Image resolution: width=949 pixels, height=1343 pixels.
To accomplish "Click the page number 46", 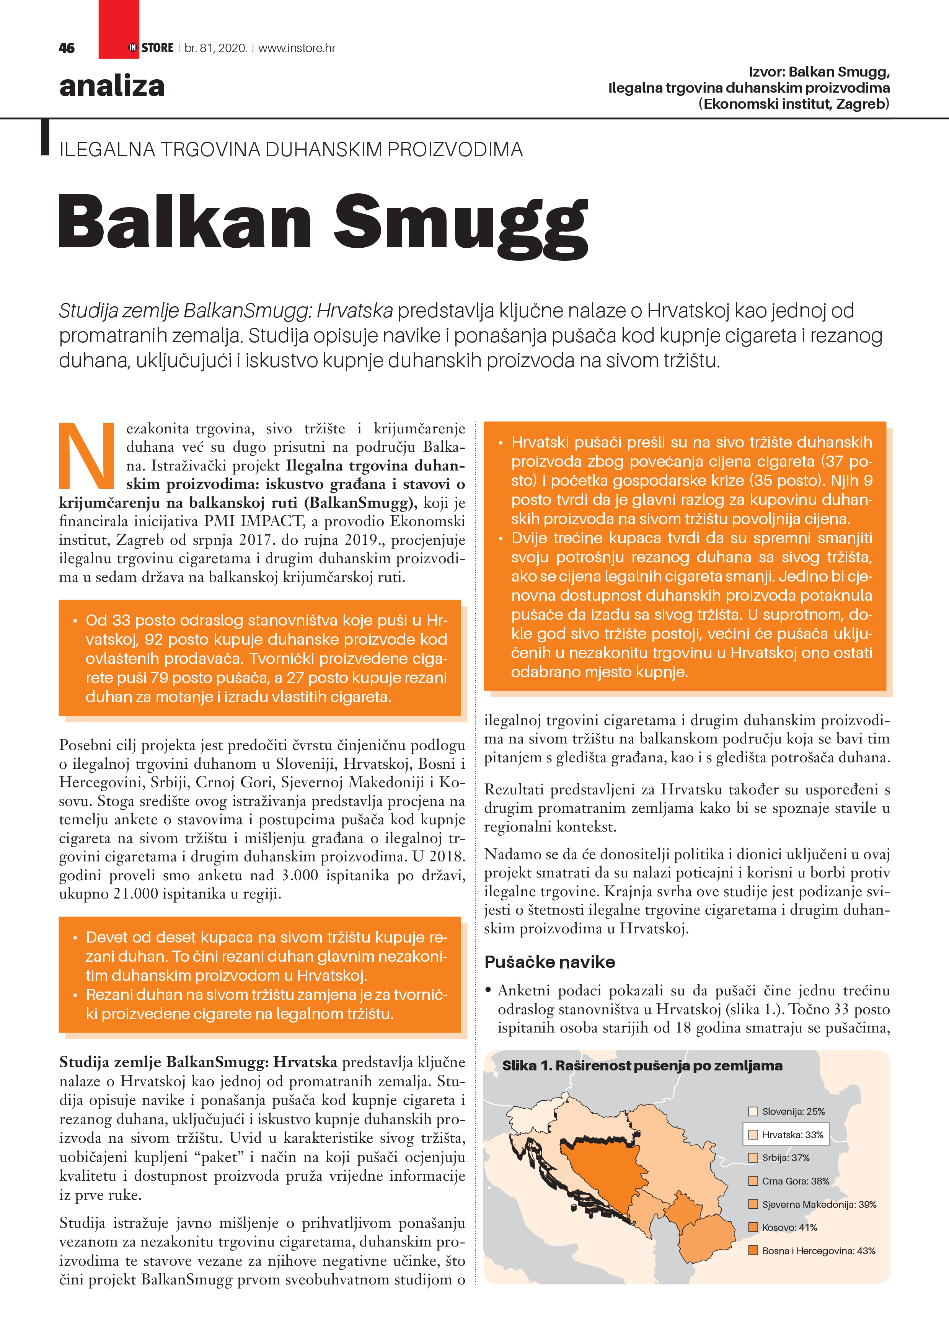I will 67,48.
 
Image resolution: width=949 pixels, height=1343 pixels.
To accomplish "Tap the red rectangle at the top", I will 119,23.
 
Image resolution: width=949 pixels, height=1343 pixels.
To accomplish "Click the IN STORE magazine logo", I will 151,48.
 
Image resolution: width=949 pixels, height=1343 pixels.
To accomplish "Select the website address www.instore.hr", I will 297,48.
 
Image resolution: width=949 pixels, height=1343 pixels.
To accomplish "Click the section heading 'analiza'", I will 112,86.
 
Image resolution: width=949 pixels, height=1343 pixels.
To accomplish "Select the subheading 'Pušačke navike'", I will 549,962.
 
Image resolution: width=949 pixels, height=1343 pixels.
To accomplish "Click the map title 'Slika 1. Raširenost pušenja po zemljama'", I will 642,1066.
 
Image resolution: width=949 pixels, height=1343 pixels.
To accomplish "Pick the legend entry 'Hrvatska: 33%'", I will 792,1135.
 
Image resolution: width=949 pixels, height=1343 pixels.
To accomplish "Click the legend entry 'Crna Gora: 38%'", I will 795,1181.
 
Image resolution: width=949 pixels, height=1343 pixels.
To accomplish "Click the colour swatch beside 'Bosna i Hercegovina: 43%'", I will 753,1251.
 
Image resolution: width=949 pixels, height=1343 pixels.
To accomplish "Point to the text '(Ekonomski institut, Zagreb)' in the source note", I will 794,104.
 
